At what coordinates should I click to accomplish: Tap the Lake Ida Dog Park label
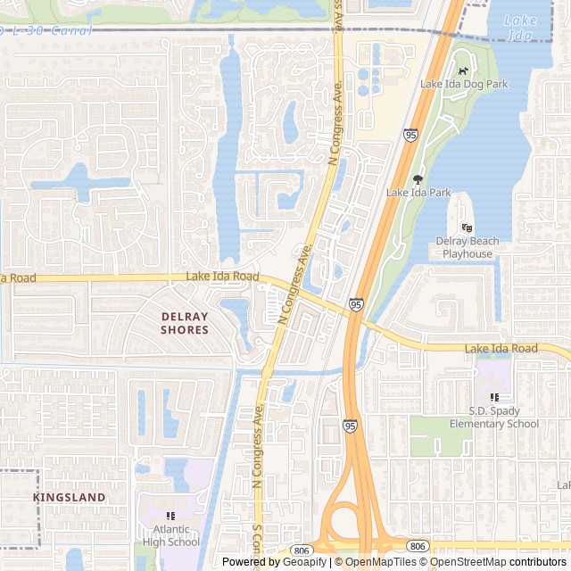coord(463,84)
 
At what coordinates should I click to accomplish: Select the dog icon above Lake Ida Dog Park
coord(462,70)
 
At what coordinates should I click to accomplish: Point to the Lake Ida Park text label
coord(418,192)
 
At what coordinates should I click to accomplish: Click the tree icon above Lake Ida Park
coord(418,178)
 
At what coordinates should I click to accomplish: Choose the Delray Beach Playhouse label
coord(468,247)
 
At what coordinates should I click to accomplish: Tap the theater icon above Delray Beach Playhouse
coord(467,228)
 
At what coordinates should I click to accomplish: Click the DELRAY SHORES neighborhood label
coord(185,323)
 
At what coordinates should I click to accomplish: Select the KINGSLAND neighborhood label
coord(69,497)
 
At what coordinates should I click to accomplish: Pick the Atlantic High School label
coord(170,534)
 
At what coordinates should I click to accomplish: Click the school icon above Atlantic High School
coord(170,516)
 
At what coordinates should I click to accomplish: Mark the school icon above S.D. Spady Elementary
coord(493,397)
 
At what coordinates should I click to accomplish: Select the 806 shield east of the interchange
coord(417,545)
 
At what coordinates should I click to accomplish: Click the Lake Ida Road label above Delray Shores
coord(222,277)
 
